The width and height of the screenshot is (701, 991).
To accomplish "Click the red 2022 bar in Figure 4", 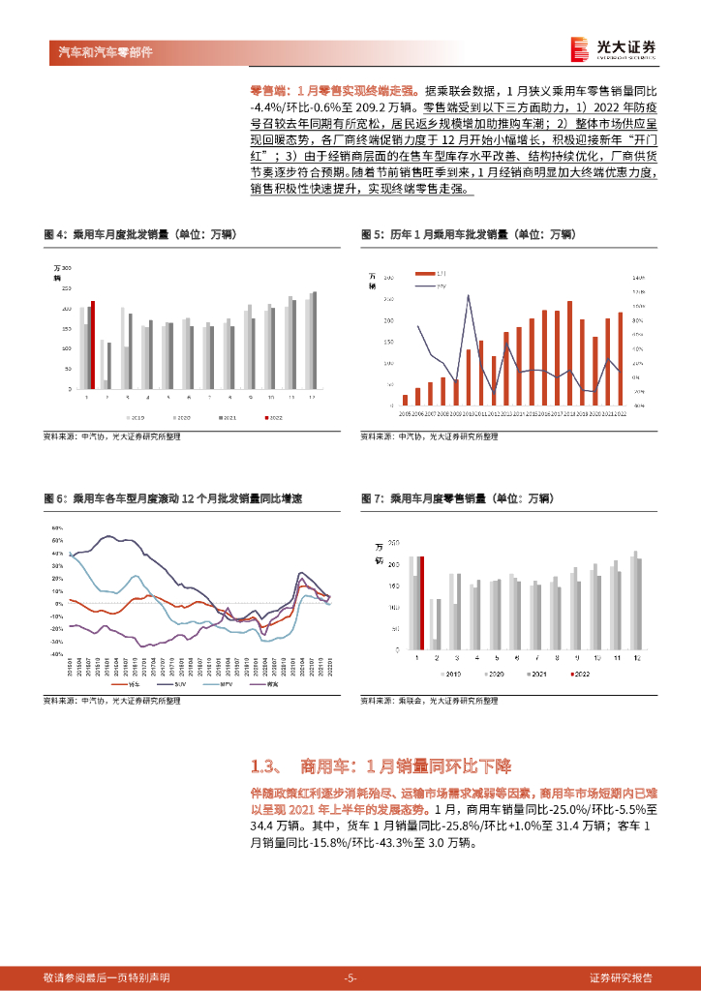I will tap(93, 345).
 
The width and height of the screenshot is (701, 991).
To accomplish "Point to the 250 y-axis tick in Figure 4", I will tap(67, 287).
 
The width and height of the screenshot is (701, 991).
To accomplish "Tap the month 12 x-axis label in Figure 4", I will tap(311, 397).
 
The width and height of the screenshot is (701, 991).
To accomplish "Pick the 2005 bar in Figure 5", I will tap(405, 399).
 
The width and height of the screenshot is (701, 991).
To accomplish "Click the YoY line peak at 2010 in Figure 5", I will tap(469, 295).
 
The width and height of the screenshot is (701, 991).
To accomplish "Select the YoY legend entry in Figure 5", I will tap(435, 285).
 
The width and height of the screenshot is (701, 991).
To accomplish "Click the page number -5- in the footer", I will tap(350, 977).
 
